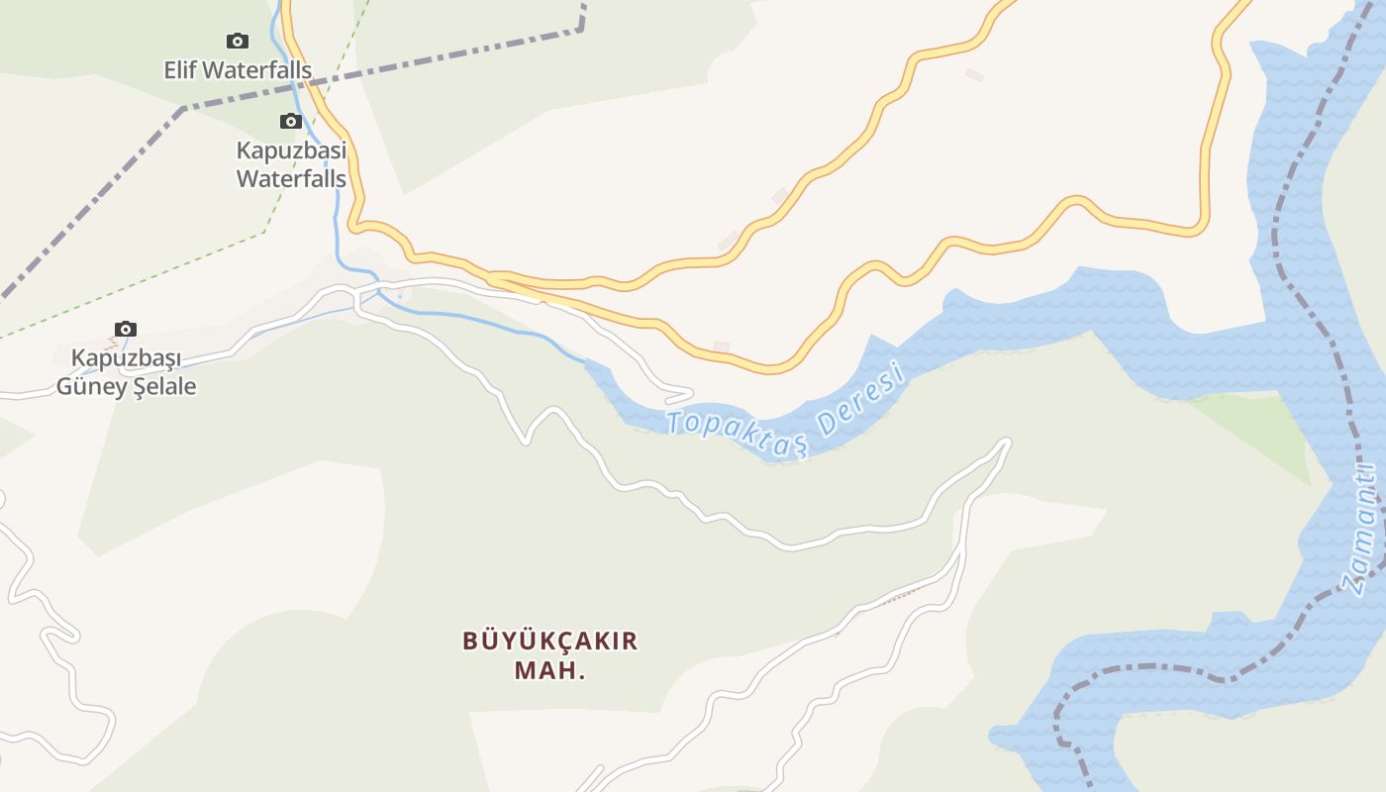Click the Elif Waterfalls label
[x=238, y=70]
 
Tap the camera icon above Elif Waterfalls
[x=237, y=41]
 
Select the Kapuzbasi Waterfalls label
[x=291, y=164]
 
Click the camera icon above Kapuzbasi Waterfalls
[x=290, y=121]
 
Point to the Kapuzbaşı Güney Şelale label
[x=126, y=371]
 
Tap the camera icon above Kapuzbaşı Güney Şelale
[x=125, y=329]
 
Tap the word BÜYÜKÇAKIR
[x=550, y=641]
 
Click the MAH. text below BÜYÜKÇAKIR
[x=550, y=670]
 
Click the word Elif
[x=181, y=70]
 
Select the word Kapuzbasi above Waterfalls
[x=291, y=150]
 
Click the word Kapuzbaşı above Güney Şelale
[x=126, y=356]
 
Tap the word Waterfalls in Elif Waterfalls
[x=258, y=70]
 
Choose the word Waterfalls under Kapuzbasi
[x=291, y=179]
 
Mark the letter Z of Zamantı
[x=1352, y=582]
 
